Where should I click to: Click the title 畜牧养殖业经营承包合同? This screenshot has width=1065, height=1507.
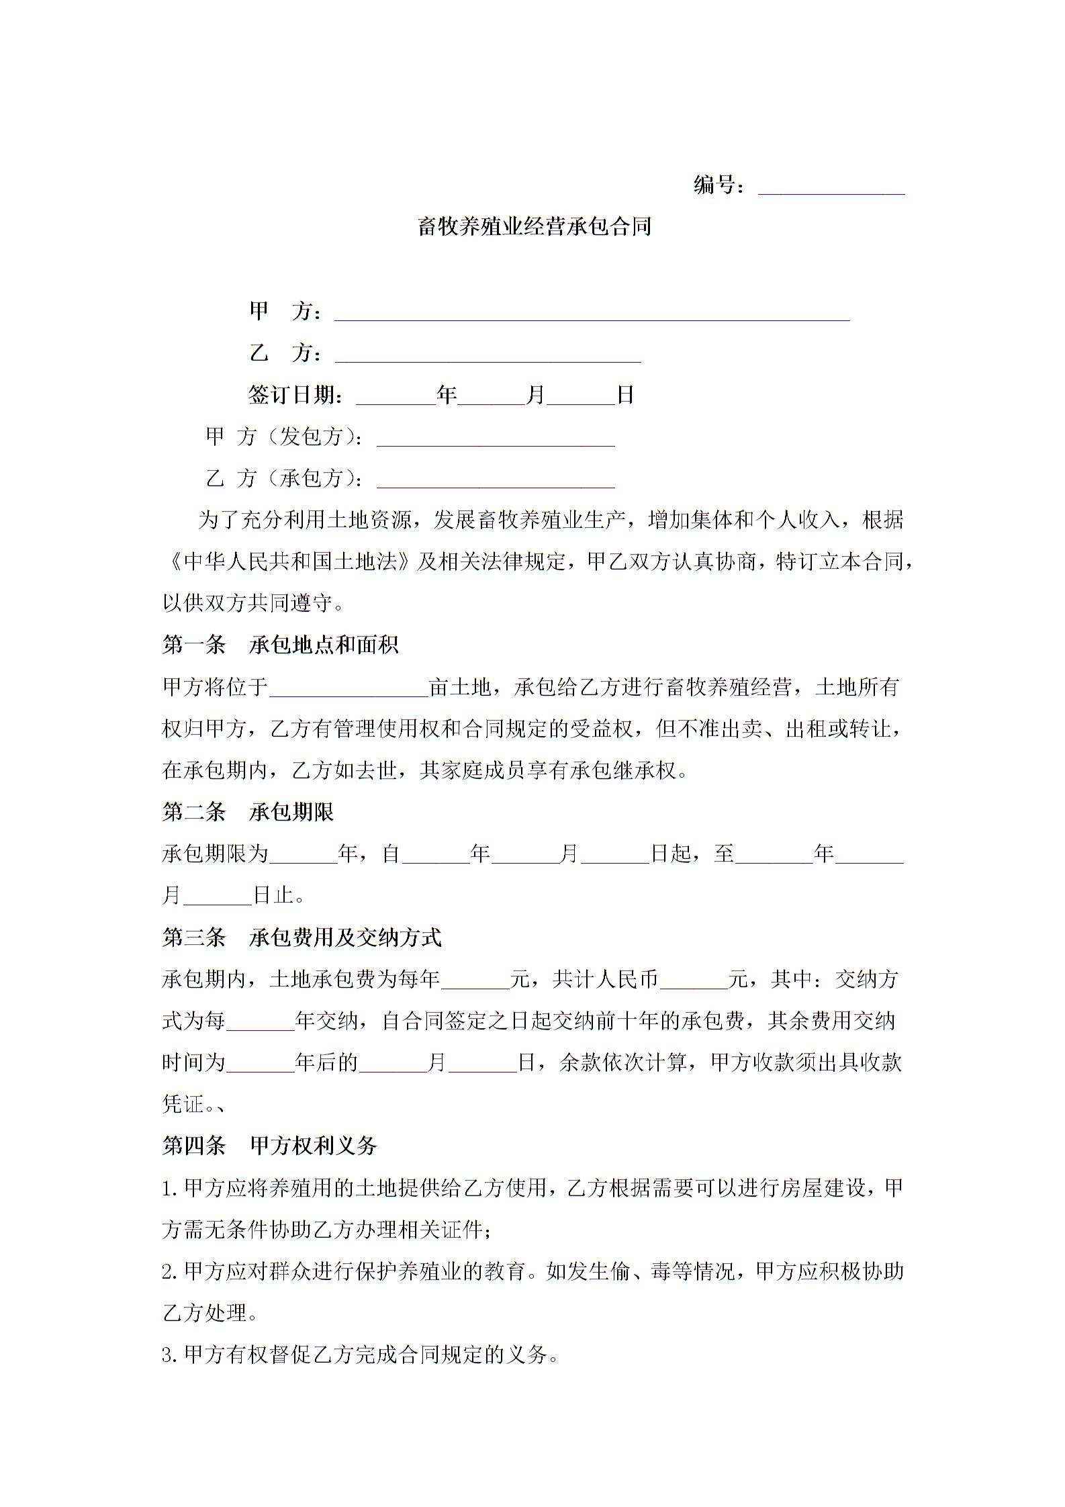tap(535, 227)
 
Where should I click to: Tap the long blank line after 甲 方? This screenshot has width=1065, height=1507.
tap(592, 314)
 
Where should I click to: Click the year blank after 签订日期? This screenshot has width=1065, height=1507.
tap(396, 397)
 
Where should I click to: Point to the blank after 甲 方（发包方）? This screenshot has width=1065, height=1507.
tap(496, 439)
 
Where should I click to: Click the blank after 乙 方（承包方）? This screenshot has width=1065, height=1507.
tap(496, 480)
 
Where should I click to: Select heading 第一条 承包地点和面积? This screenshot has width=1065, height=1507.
tap(280, 645)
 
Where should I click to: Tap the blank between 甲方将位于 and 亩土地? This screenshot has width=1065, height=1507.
tap(349, 690)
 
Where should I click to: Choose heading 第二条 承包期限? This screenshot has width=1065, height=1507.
tap(248, 813)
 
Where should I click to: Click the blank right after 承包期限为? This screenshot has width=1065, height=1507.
tap(304, 856)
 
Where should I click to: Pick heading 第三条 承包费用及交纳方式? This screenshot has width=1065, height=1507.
tap(302, 938)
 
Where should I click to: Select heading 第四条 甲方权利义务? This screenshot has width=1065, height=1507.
tap(269, 1146)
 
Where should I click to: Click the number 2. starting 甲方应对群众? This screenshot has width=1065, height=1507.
tap(171, 1271)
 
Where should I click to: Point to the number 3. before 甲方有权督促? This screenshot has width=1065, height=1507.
tap(171, 1355)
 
